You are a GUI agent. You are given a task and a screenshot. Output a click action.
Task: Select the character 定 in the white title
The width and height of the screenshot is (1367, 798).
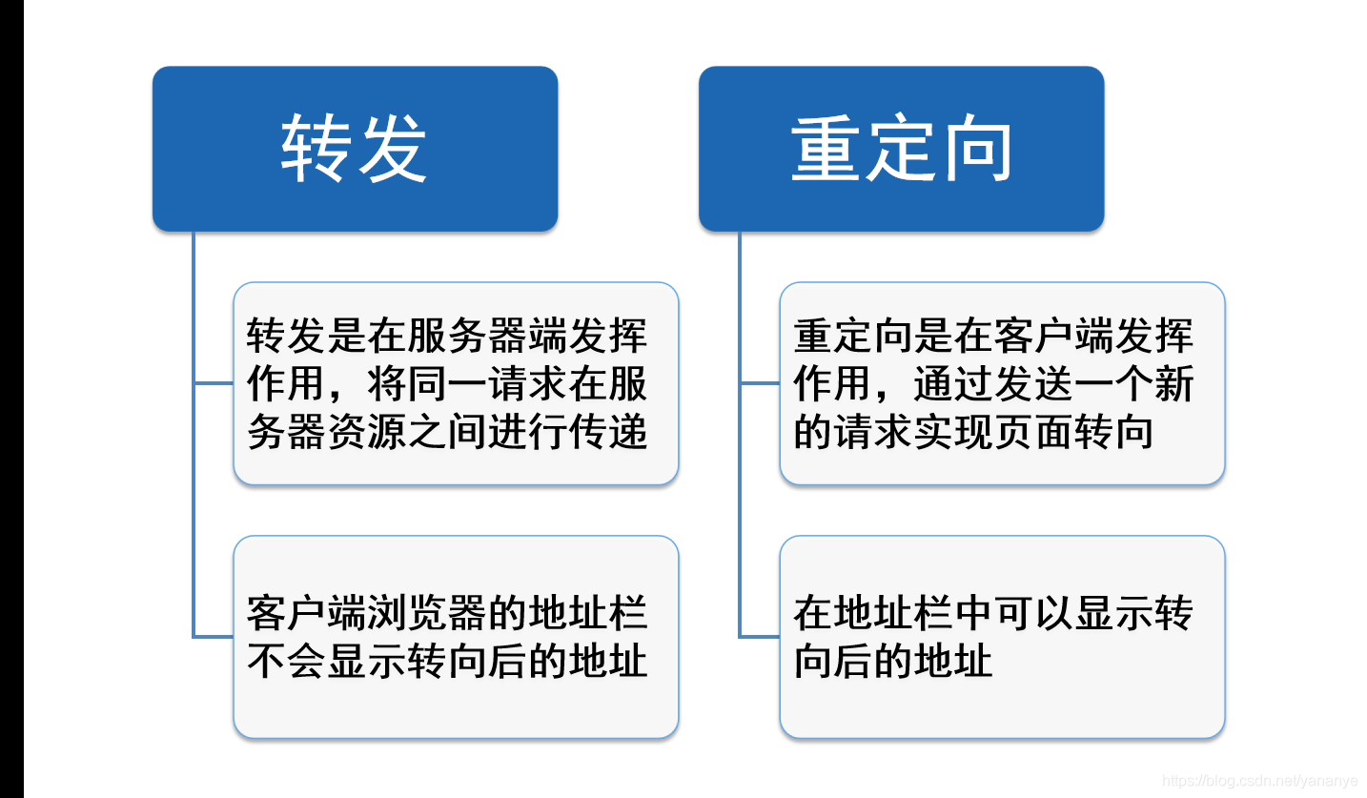coord(900,151)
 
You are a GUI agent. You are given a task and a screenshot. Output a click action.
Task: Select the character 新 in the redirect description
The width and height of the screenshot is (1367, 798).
coord(1173,384)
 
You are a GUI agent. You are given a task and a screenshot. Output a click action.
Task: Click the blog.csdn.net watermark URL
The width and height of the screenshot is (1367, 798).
coord(1259,781)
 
